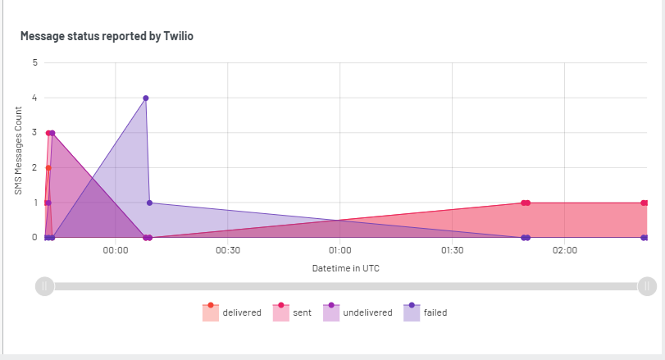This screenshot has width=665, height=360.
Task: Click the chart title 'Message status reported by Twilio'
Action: (x=106, y=36)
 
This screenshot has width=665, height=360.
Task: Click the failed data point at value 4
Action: (x=146, y=98)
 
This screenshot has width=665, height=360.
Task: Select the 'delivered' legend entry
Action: (x=232, y=312)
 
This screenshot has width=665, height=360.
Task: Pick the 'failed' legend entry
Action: (x=425, y=312)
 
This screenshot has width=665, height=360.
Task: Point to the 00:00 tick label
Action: (x=116, y=251)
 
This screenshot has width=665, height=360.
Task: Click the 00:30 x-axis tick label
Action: (x=227, y=251)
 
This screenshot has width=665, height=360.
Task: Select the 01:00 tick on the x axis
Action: (x=339, y=251)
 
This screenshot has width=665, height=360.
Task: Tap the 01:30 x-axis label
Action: (x=452, y=251)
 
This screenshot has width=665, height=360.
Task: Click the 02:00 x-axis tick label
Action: (x=564, y=251)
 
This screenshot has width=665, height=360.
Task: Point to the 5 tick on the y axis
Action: (x=34, y=62)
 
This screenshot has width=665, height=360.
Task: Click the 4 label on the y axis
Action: (x=34, y=98)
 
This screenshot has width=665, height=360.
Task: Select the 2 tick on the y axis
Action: (x=34, y=167)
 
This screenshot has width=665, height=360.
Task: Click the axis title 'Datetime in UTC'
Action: (x=345, y=268)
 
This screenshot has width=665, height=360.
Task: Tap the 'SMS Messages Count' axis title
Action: (x=18, y=150)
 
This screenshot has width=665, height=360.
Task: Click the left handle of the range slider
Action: (x=45, y=285)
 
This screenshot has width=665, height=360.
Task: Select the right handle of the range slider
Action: (x=647, y=285)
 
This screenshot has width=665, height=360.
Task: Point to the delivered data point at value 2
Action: (x=48, y=167)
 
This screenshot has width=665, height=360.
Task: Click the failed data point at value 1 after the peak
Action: (x=149, y=203)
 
